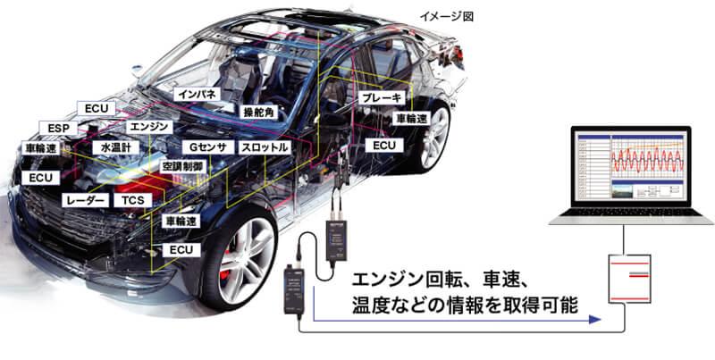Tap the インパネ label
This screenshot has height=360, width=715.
coord(197,94)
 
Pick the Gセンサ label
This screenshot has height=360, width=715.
coord(206,147)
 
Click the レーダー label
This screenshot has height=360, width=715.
coord(87,201)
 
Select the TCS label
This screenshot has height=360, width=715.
coord(134,201)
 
